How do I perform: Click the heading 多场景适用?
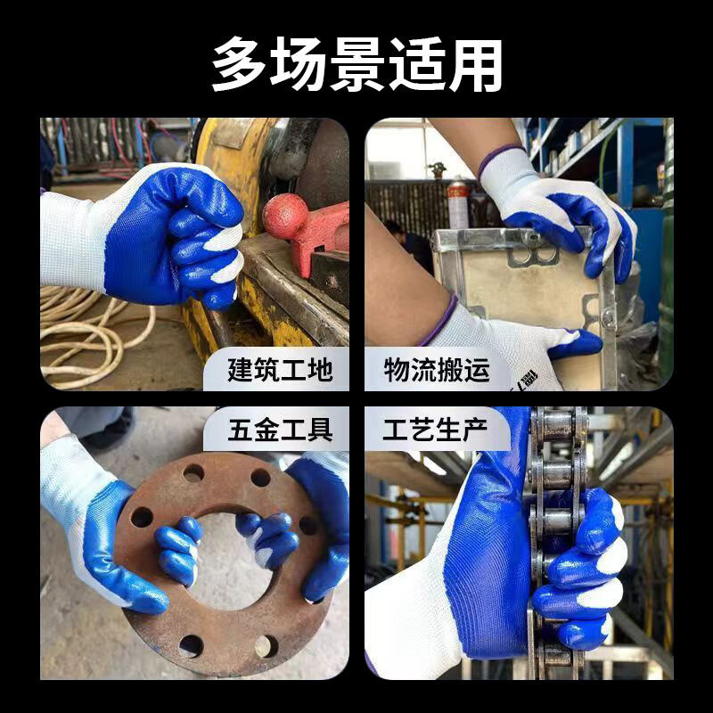tap(356, 64)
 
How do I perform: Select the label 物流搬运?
tap(437, 370)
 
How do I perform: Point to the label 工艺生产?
tap(437, 430)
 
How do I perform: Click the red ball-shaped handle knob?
tap(286, 217)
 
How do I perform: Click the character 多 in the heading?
tap(239, 64)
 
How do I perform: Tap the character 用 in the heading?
tap(474, 64)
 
